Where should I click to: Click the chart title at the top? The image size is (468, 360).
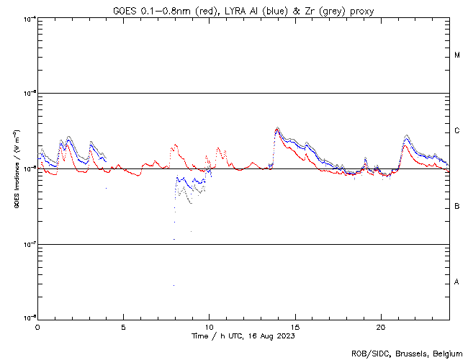243,11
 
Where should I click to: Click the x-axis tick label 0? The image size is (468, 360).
37,326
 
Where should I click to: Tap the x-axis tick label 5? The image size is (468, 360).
123,326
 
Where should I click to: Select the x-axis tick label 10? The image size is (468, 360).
209,326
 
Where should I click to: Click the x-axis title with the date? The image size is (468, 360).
243,336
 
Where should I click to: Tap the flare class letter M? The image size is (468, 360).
457,55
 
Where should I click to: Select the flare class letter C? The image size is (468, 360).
457,131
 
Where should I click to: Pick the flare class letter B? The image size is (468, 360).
457,207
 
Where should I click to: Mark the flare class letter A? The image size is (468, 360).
457,282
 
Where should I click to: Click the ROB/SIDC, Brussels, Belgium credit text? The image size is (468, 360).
407,353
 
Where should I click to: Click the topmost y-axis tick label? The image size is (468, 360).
30,18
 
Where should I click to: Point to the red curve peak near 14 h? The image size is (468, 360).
277,130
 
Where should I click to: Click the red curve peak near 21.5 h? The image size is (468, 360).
405,145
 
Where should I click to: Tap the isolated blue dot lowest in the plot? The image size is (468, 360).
174,286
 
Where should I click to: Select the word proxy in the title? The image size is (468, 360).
360,11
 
